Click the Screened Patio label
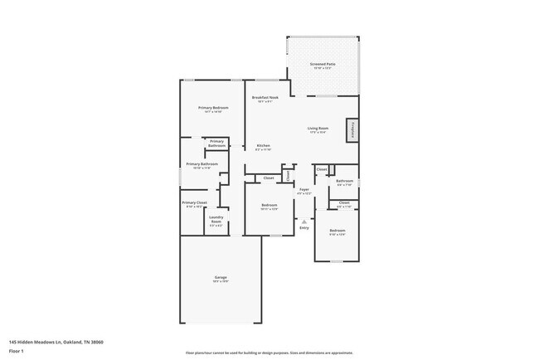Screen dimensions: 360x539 tap(323, 63)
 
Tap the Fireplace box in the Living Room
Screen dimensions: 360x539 tap(353, 130)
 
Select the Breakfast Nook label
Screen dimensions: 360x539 tap(265, 97)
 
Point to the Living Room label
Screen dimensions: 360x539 tap(318, 128)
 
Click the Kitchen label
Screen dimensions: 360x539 tap(264, 146)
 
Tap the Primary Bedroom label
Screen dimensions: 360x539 tap(213, 108)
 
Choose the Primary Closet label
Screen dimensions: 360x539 tap(195, 202)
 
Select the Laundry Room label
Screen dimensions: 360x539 tap(216, 220)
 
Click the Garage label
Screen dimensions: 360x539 tap(221, 277)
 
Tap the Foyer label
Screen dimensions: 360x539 tap(304, 190)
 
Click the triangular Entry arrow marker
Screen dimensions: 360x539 tap(304, 221)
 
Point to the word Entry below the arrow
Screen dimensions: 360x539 tap(304, 228)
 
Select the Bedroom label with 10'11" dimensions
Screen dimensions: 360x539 tap(269, 205)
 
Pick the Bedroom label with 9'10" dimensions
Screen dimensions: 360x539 tap(337, 230)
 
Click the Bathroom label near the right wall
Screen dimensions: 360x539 tap(345, 181)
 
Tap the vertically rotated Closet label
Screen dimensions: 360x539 tap(288, 175)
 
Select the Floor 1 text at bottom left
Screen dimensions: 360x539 tap(17, 351)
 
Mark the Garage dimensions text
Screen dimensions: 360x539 tap(221, 281)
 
